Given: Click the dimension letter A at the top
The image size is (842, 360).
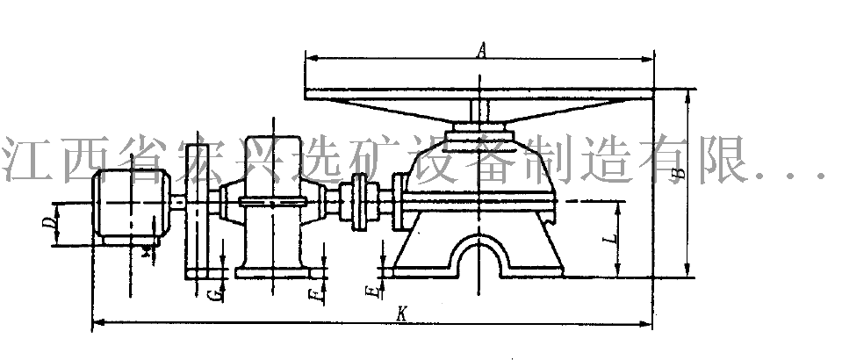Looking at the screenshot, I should coord(481,51).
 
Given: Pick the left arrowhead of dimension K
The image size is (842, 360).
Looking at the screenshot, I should coord(96,324).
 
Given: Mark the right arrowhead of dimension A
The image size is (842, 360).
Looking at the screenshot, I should coord(651,58).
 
